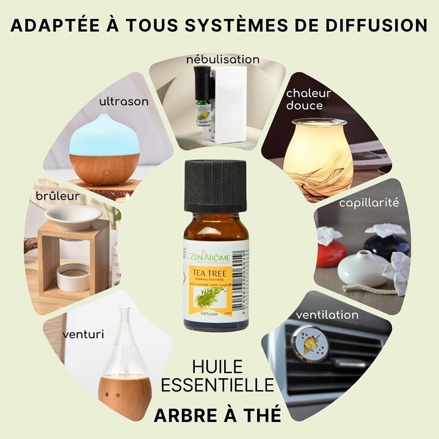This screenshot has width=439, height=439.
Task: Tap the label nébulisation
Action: pyautogui.click(x=222, y=59)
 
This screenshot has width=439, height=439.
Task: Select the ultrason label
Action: pyautogui.click(x=123, y=101)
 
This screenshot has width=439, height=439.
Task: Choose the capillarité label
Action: pyautogui.click(x=369, y=201)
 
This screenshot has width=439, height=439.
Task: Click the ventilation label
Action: pyautogui.click(x=327, y=315)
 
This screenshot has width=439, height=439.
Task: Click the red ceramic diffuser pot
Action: pyautogui.click(x=330, y=251)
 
